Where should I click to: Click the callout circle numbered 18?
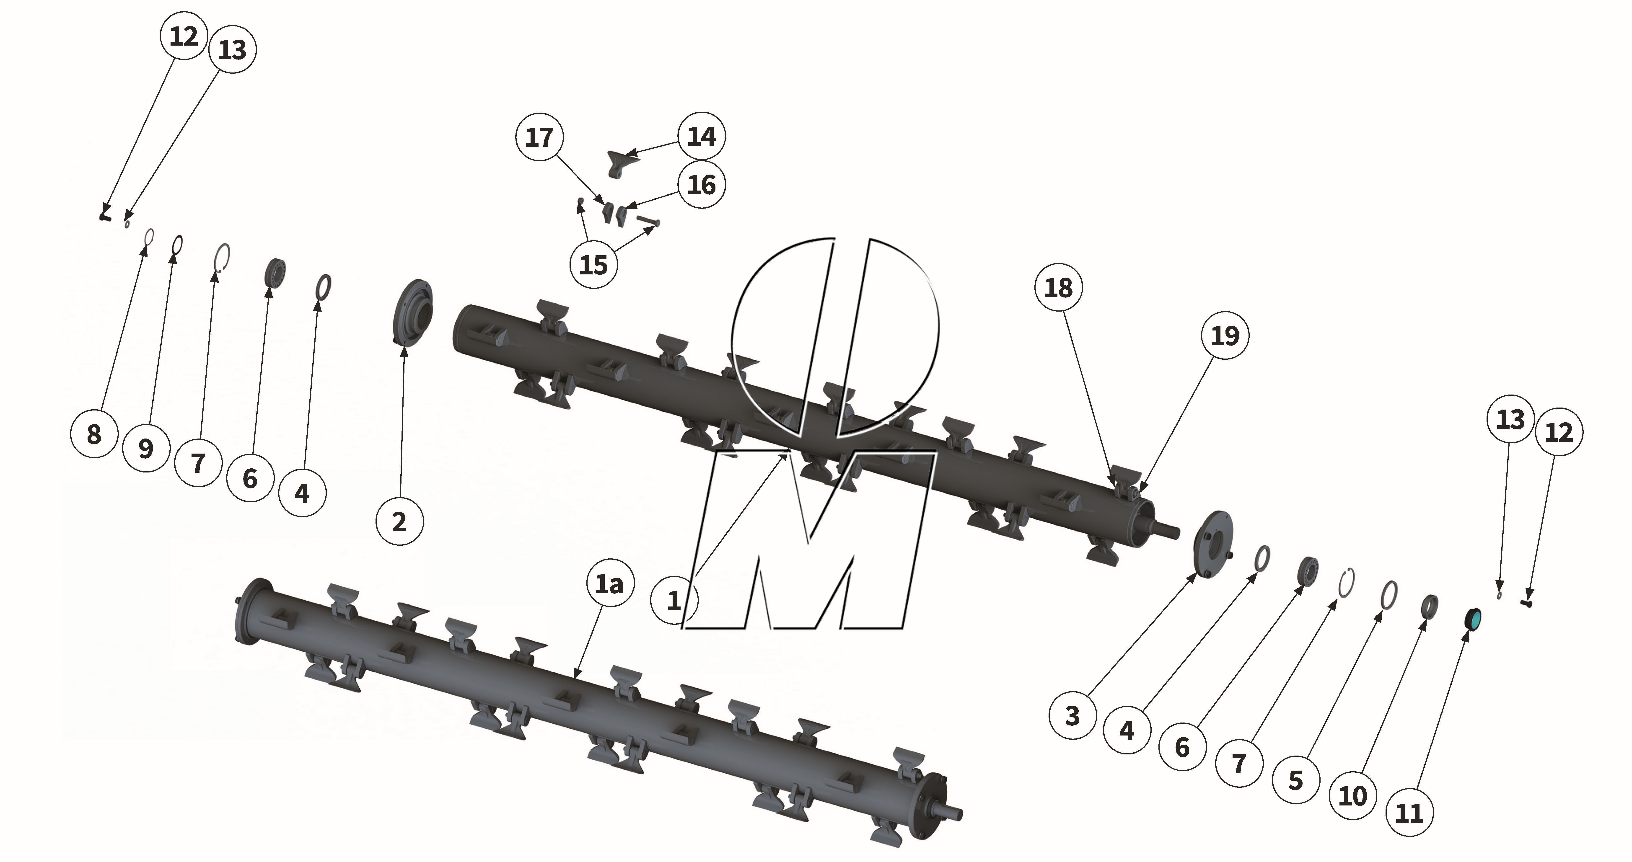tap(1058, 288)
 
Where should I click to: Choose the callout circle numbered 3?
tap(1072, 716)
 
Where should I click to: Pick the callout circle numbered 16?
tap(701, 185)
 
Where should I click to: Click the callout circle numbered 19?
tap(1225, 336)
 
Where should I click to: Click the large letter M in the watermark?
tap(805, 538)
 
